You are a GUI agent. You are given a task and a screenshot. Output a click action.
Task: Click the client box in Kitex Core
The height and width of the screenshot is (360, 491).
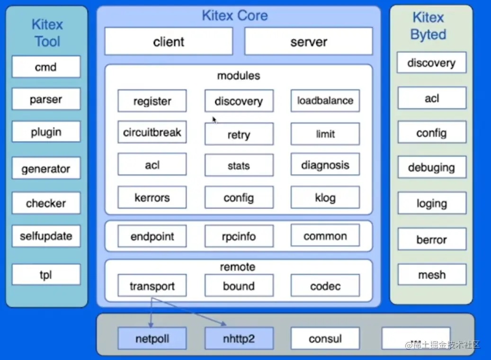click(x=169, y=42)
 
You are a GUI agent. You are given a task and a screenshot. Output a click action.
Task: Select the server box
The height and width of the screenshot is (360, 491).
click(x=308, y=42)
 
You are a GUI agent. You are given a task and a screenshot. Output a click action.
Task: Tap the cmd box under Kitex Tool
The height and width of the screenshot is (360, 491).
click(x=46, y=67)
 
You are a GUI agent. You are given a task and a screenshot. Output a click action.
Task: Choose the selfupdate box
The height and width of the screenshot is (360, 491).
click(x=46, y=235)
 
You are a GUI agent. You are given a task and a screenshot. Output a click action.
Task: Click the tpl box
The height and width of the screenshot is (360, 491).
click(x=46, y=275)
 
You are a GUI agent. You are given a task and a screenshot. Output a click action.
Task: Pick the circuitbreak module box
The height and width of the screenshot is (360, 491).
click(x=152, y=132)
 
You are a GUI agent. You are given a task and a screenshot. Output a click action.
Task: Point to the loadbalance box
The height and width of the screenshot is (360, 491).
click(x=325, y=101)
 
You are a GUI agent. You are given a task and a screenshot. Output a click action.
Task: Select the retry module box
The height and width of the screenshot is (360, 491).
click(x=239, y=135)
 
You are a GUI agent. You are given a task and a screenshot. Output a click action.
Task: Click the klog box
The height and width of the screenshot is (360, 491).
click(x=325, y=198)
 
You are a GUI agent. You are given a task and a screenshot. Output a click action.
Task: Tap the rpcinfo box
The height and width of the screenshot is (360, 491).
click(x=239, y=236)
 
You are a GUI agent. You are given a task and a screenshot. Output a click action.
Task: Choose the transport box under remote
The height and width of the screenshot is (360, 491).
click(x=152, y=286)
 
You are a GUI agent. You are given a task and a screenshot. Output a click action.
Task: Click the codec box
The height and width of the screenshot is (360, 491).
click(x=325, y=286)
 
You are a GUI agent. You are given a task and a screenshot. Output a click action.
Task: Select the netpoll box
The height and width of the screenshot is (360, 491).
click(x=152, y=339)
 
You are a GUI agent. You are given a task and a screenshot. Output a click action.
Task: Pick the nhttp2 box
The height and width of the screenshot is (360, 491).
click(x=239, y=339)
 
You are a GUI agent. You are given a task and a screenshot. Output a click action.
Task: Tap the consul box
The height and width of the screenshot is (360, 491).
click(x=325, y=339)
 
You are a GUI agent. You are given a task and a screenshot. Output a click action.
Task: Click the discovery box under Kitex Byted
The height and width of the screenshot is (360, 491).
click(x=431, y=63)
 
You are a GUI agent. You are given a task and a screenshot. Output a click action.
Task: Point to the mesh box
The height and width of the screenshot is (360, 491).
click(x=431, y=275)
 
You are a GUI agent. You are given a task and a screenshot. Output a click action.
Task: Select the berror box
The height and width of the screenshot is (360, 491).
click(x=431, y=239)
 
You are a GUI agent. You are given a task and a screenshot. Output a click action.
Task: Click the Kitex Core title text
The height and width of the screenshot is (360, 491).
click(x=235, y=15)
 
